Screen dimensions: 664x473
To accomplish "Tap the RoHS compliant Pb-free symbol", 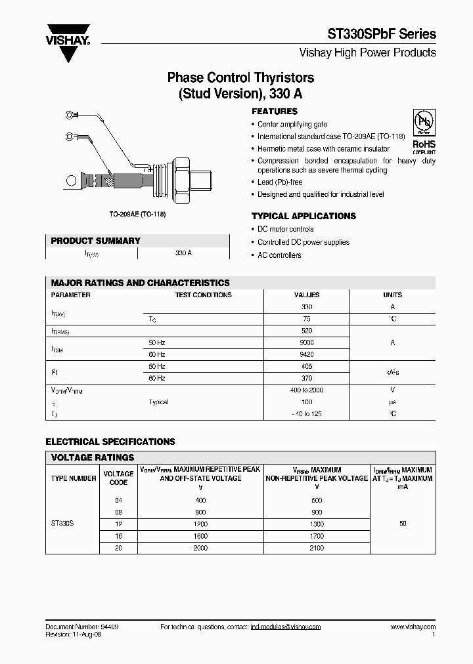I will point(424,131).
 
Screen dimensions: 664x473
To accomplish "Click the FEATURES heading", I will point(275,112).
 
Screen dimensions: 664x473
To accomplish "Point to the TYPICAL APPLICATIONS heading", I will point(304,216).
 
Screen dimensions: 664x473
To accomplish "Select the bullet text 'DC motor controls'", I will point(285,229).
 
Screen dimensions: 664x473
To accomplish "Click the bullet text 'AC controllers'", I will point(279,255).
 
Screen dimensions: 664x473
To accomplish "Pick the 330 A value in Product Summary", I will point(184,253).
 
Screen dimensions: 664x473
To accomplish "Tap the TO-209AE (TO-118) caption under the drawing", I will point(137,215).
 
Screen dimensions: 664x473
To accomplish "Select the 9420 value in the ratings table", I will point(306,354).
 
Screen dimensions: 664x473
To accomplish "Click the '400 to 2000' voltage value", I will point(306,390).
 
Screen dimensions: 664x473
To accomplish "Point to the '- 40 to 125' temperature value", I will point(306,414).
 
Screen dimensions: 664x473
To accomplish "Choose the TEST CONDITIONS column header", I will point(203,295).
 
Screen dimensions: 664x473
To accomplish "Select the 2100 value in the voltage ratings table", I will point(316,548).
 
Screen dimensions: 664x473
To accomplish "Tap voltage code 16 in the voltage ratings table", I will point(118,536).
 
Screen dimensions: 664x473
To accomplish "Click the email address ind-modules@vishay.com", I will point(285,627).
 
